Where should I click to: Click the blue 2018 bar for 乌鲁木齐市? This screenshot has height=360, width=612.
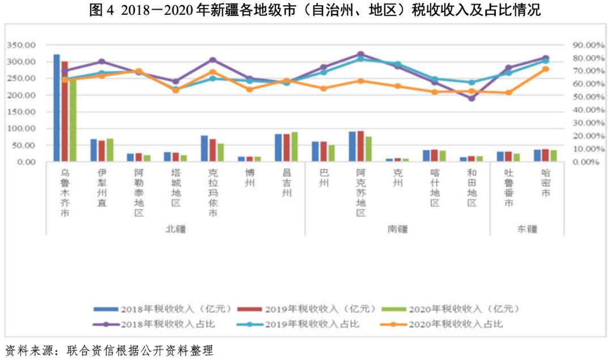pos(57,108)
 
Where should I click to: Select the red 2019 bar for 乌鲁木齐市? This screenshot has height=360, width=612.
pos(65,111)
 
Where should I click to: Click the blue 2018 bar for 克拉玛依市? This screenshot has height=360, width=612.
pos(204,149)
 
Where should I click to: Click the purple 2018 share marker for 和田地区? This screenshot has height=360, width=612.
pos(471,98)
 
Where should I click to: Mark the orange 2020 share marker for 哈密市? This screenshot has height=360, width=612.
pos(546,69)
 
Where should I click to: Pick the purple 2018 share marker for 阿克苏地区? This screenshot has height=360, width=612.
pos(360,54)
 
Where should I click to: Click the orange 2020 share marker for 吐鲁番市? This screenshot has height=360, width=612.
pos(508,92)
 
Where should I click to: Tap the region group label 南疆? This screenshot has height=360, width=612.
pos(397,229)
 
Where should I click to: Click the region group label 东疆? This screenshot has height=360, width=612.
pos(527,229)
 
